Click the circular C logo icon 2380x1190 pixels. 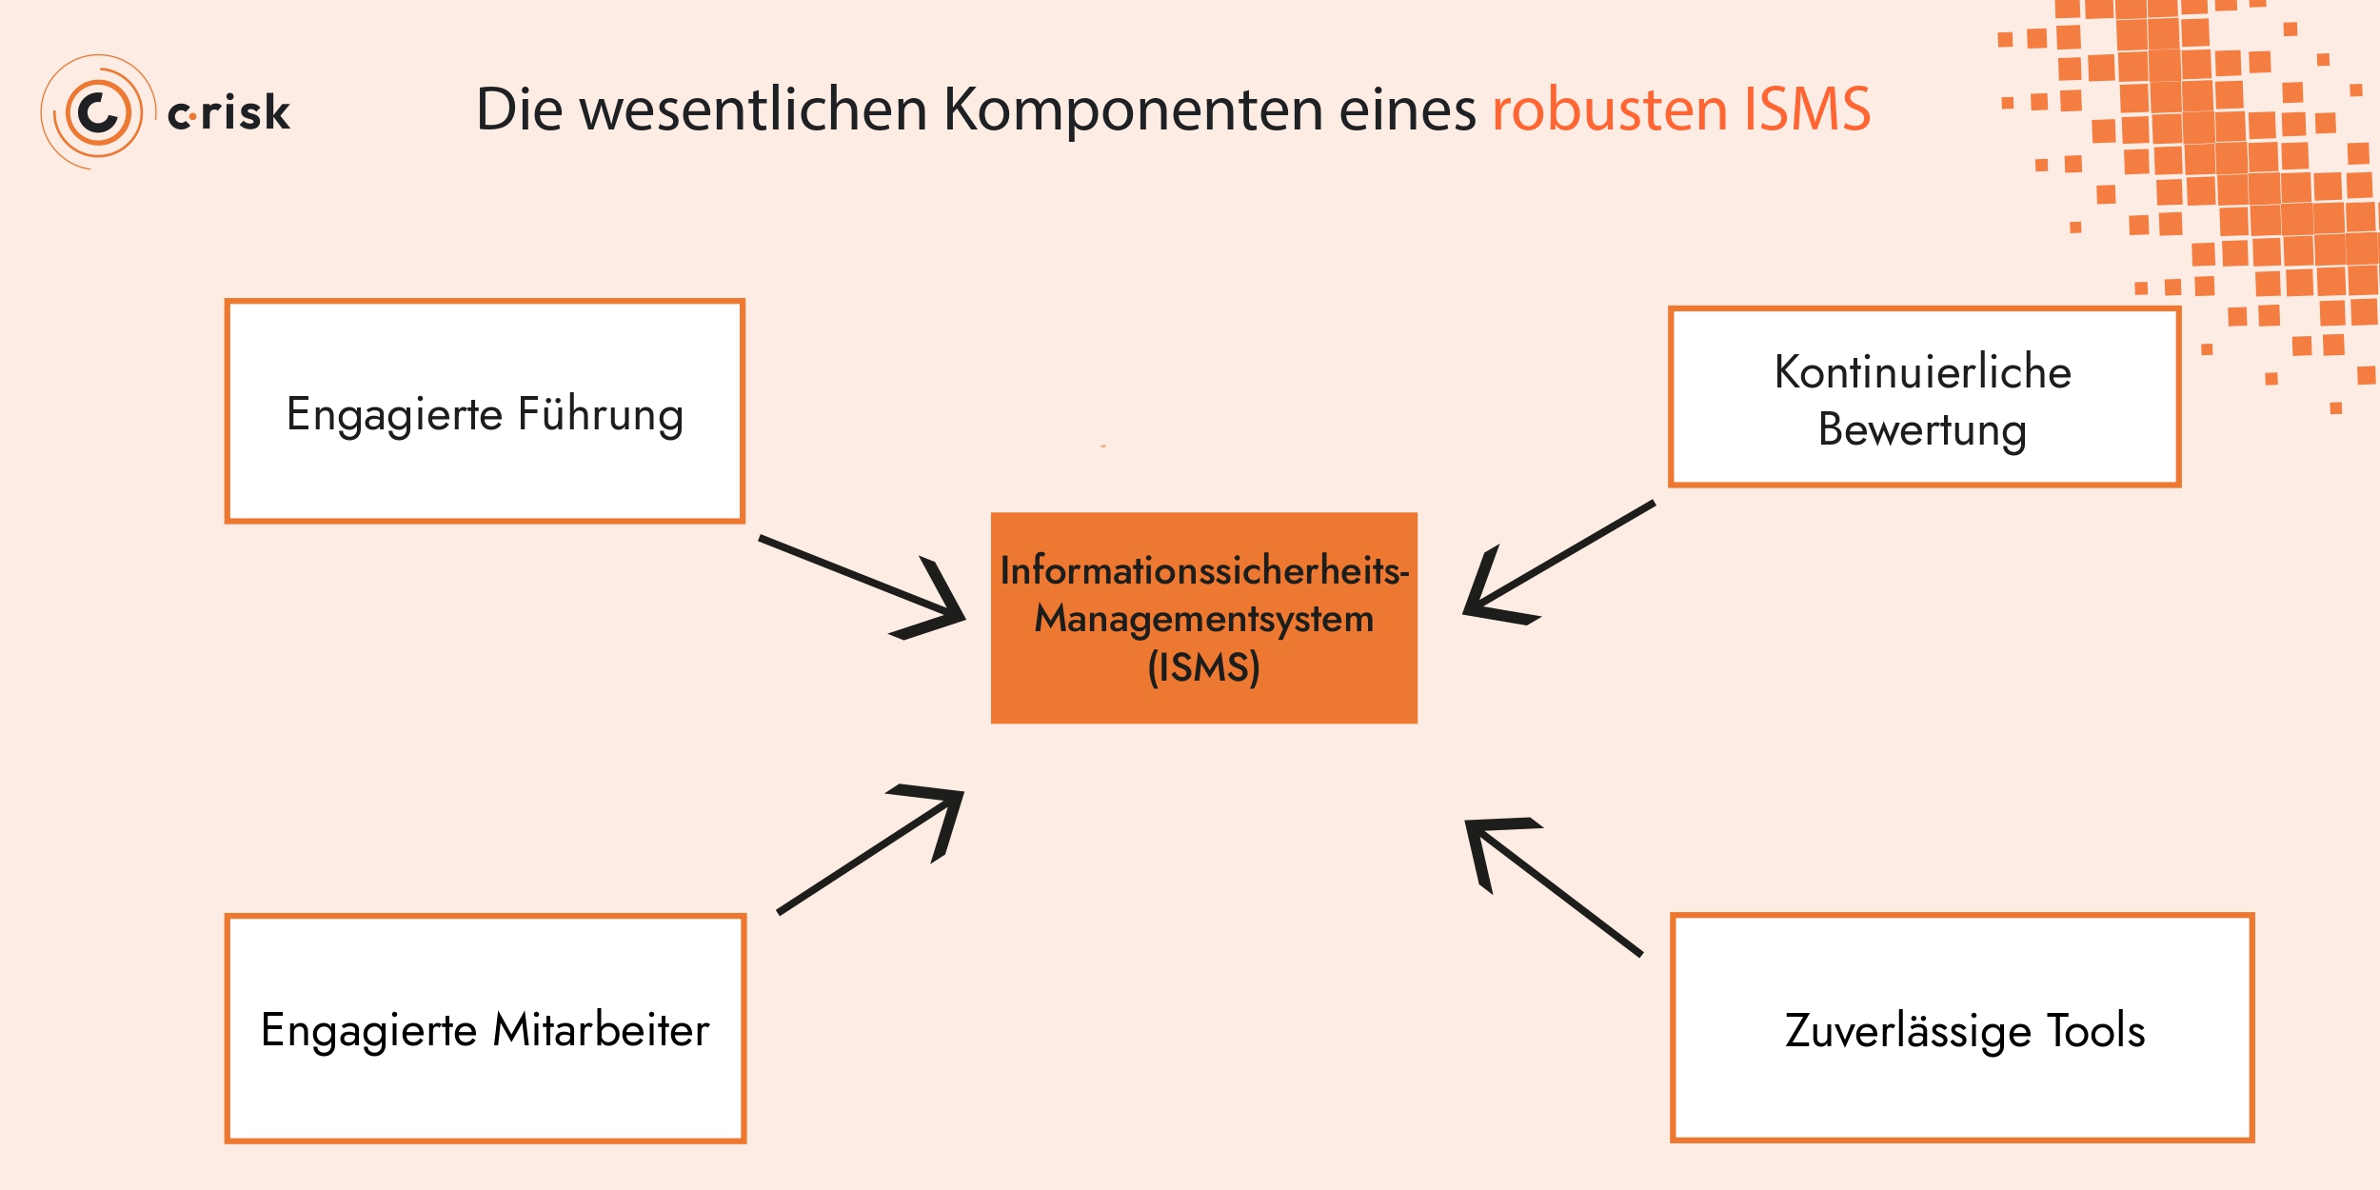tap(98, 112)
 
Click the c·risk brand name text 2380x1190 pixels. tap(228, 112)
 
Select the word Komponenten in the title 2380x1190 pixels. tap(1133, 110)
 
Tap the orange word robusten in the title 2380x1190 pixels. tap(1609, 109)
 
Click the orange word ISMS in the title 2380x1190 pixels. tap(1807, 109)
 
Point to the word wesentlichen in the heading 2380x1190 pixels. tap(753, 109)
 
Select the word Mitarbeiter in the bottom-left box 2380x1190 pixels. tap(602, 1030)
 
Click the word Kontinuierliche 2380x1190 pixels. tap(1923, 372)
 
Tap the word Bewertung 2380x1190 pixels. tap(1922, 430)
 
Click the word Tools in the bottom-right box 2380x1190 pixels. tap(2096, 1031)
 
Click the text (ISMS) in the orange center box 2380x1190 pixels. tap(1203, 667)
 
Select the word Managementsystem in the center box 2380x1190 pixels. tap(1203, 620)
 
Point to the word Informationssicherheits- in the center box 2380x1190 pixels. tap(1203, 571)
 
